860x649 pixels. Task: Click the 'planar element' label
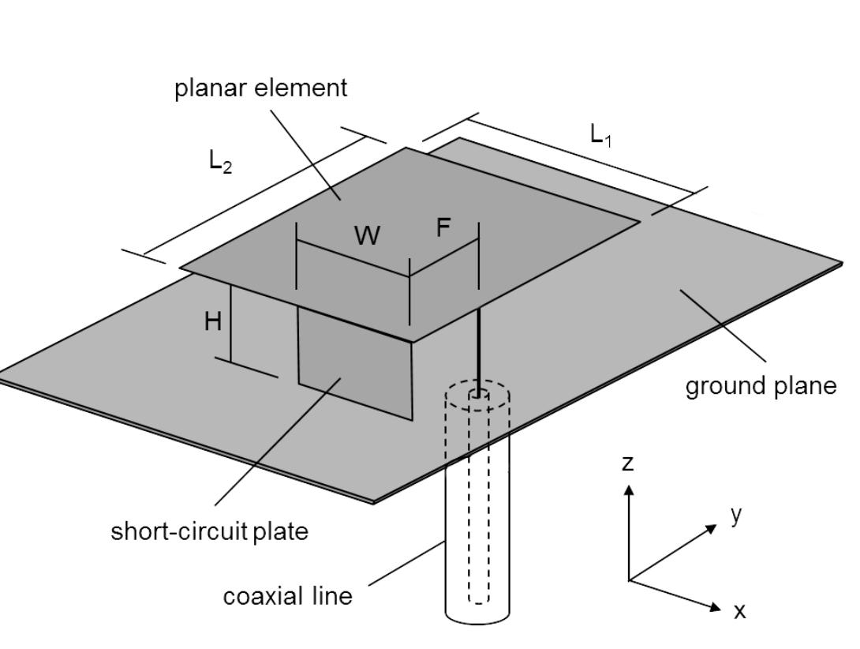(260, 88)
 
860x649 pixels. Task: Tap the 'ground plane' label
(760, 385)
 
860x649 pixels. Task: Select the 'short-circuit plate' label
(209, 531)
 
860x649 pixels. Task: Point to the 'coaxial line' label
(287, 595)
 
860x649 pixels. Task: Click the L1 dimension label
(601, 136)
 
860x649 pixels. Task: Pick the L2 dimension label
(220, 161)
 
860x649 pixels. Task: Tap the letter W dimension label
(367, 235)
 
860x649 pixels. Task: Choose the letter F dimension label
(443, 228)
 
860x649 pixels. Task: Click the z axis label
(627, 463)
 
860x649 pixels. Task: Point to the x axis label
(739, 611)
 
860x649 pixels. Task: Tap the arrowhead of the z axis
(629, 490)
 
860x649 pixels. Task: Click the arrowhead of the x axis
(716, 607)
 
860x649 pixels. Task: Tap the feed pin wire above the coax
(478, 347)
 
